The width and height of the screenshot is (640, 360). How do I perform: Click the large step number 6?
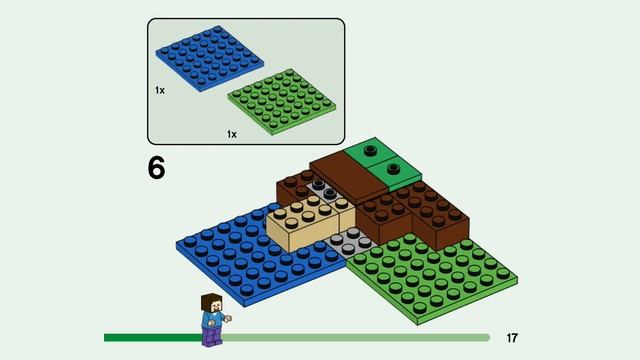157,167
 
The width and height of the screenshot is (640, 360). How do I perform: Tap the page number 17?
512,338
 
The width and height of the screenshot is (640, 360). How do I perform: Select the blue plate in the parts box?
209,58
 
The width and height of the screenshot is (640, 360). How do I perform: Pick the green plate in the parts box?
282,102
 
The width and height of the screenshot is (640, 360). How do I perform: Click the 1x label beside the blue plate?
160,90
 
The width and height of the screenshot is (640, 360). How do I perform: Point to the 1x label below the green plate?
232,134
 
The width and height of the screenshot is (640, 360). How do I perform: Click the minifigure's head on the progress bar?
212,303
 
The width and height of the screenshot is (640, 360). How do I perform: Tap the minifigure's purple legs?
212,337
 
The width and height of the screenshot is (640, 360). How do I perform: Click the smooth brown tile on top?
348,178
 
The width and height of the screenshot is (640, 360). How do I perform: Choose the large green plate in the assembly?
431,278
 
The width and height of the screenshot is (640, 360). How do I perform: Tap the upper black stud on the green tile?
371,151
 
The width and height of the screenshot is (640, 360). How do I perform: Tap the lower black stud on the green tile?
393,167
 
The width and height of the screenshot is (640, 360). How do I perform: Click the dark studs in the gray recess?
324,189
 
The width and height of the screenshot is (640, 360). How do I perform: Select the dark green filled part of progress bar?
153,338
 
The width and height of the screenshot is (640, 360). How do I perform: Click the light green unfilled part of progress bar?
356,338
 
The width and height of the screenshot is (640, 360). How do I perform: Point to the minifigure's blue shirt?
213,319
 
